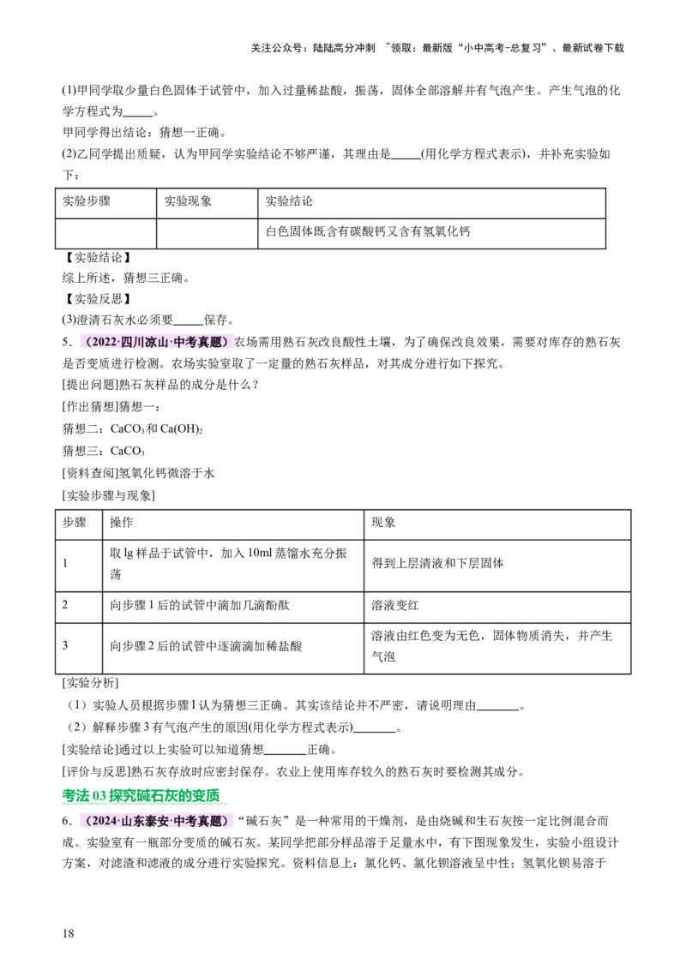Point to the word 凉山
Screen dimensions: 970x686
click(154, 342)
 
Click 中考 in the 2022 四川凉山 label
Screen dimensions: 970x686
click(184, 342)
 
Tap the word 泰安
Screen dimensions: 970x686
click(154, 821)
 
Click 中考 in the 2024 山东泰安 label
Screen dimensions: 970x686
click(184, 821)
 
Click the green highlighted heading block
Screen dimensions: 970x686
click(142, 798)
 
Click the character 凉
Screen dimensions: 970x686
click(149, 342)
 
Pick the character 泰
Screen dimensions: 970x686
click(149, 821)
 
